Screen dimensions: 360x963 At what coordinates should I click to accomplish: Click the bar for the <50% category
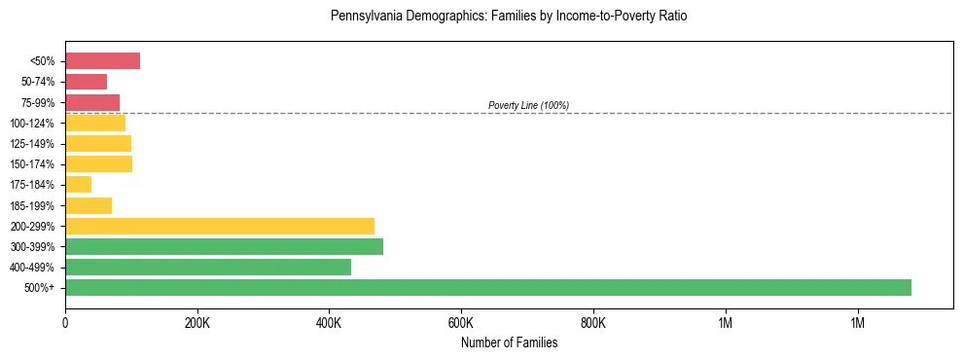coord(102,61)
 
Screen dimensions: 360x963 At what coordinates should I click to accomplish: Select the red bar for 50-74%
coord(86,82)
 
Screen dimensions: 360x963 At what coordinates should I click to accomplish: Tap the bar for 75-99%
coord(92,102)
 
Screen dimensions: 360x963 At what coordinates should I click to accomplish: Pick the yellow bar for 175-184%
coord(78,185)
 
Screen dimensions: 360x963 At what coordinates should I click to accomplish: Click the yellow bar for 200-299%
coord(220,226)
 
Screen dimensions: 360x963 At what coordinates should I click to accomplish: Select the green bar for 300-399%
coord(224,246)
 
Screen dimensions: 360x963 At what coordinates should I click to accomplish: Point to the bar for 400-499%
coord(208,267)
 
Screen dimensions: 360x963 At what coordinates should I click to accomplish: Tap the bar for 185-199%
coord(89,205)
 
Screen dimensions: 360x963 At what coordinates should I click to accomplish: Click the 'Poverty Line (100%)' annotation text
coord(528,105)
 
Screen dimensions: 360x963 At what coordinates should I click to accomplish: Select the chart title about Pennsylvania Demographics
coord(509,17)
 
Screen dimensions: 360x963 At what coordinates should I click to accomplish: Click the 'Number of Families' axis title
coord(509,342)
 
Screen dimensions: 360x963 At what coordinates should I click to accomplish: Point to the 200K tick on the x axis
coord(196,322)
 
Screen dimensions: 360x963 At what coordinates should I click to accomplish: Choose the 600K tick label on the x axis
coord(461,322)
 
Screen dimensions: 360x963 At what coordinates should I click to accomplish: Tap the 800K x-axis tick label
coord(592,322)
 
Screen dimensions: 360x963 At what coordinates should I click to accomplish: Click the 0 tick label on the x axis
coord(65,322)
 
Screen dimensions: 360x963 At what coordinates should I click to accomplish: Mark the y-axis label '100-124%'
coord(32,124)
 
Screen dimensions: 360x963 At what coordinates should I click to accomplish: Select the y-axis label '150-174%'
coord(32,164)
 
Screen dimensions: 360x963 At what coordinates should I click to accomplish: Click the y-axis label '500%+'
coord(39,288)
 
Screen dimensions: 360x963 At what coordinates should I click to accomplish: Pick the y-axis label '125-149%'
coord(32,144)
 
